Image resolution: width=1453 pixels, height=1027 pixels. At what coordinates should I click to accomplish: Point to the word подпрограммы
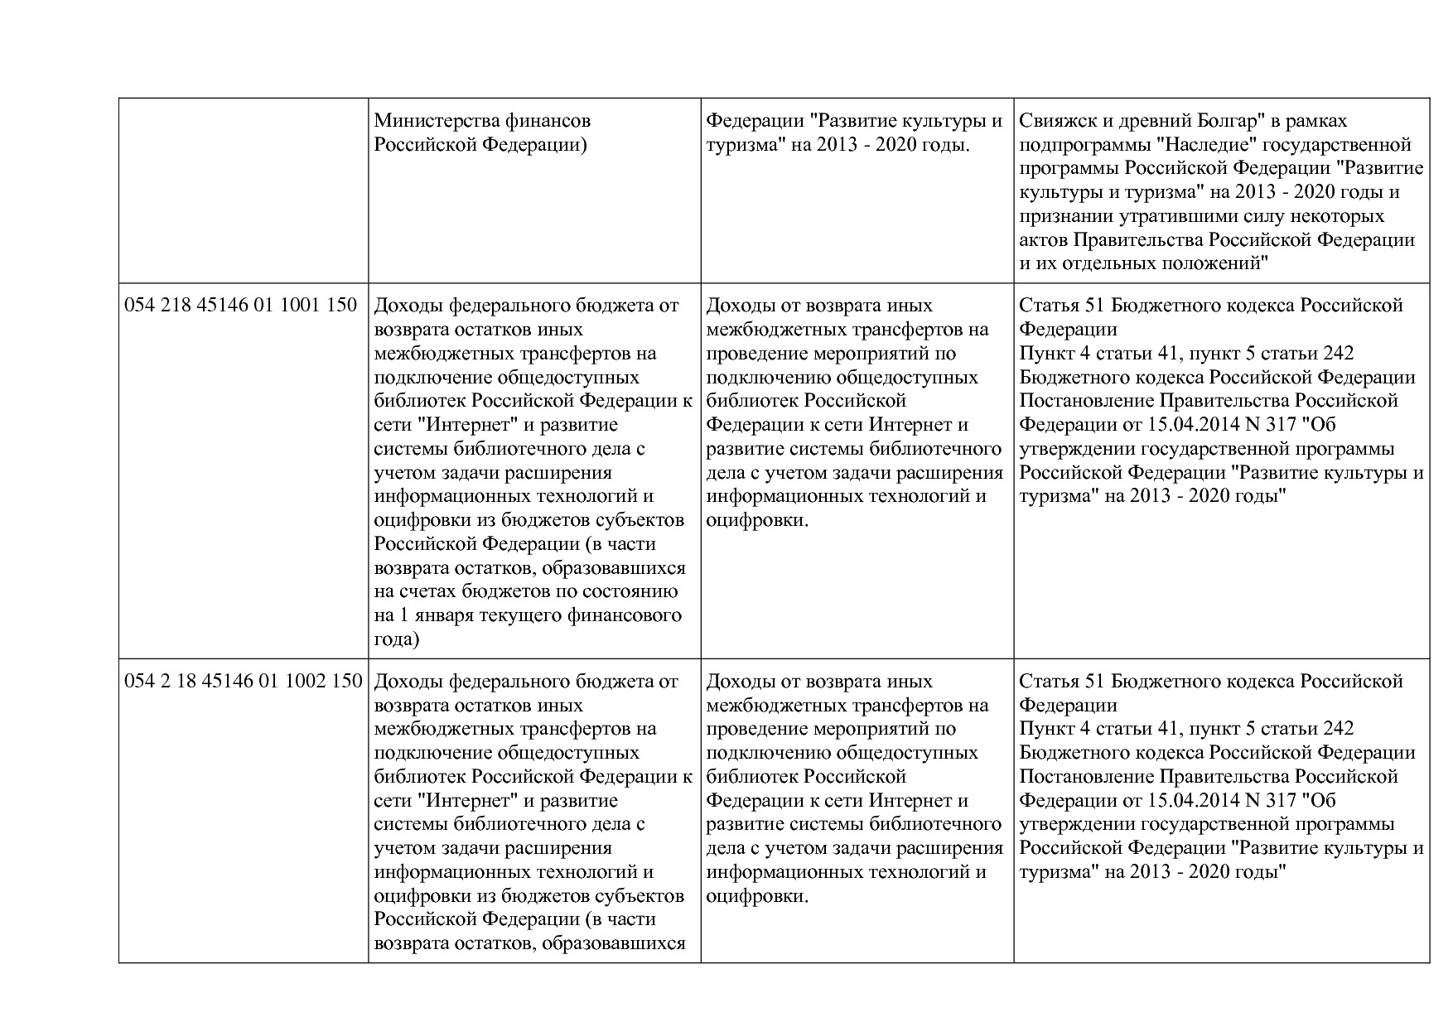coord(1074,145)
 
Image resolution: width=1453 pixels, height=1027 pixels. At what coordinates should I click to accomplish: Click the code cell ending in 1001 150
coord(240,306)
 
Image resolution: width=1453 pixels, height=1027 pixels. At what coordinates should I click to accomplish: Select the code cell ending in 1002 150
coord(243,682)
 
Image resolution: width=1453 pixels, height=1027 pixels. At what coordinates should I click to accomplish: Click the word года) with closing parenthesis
coord(397,639)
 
